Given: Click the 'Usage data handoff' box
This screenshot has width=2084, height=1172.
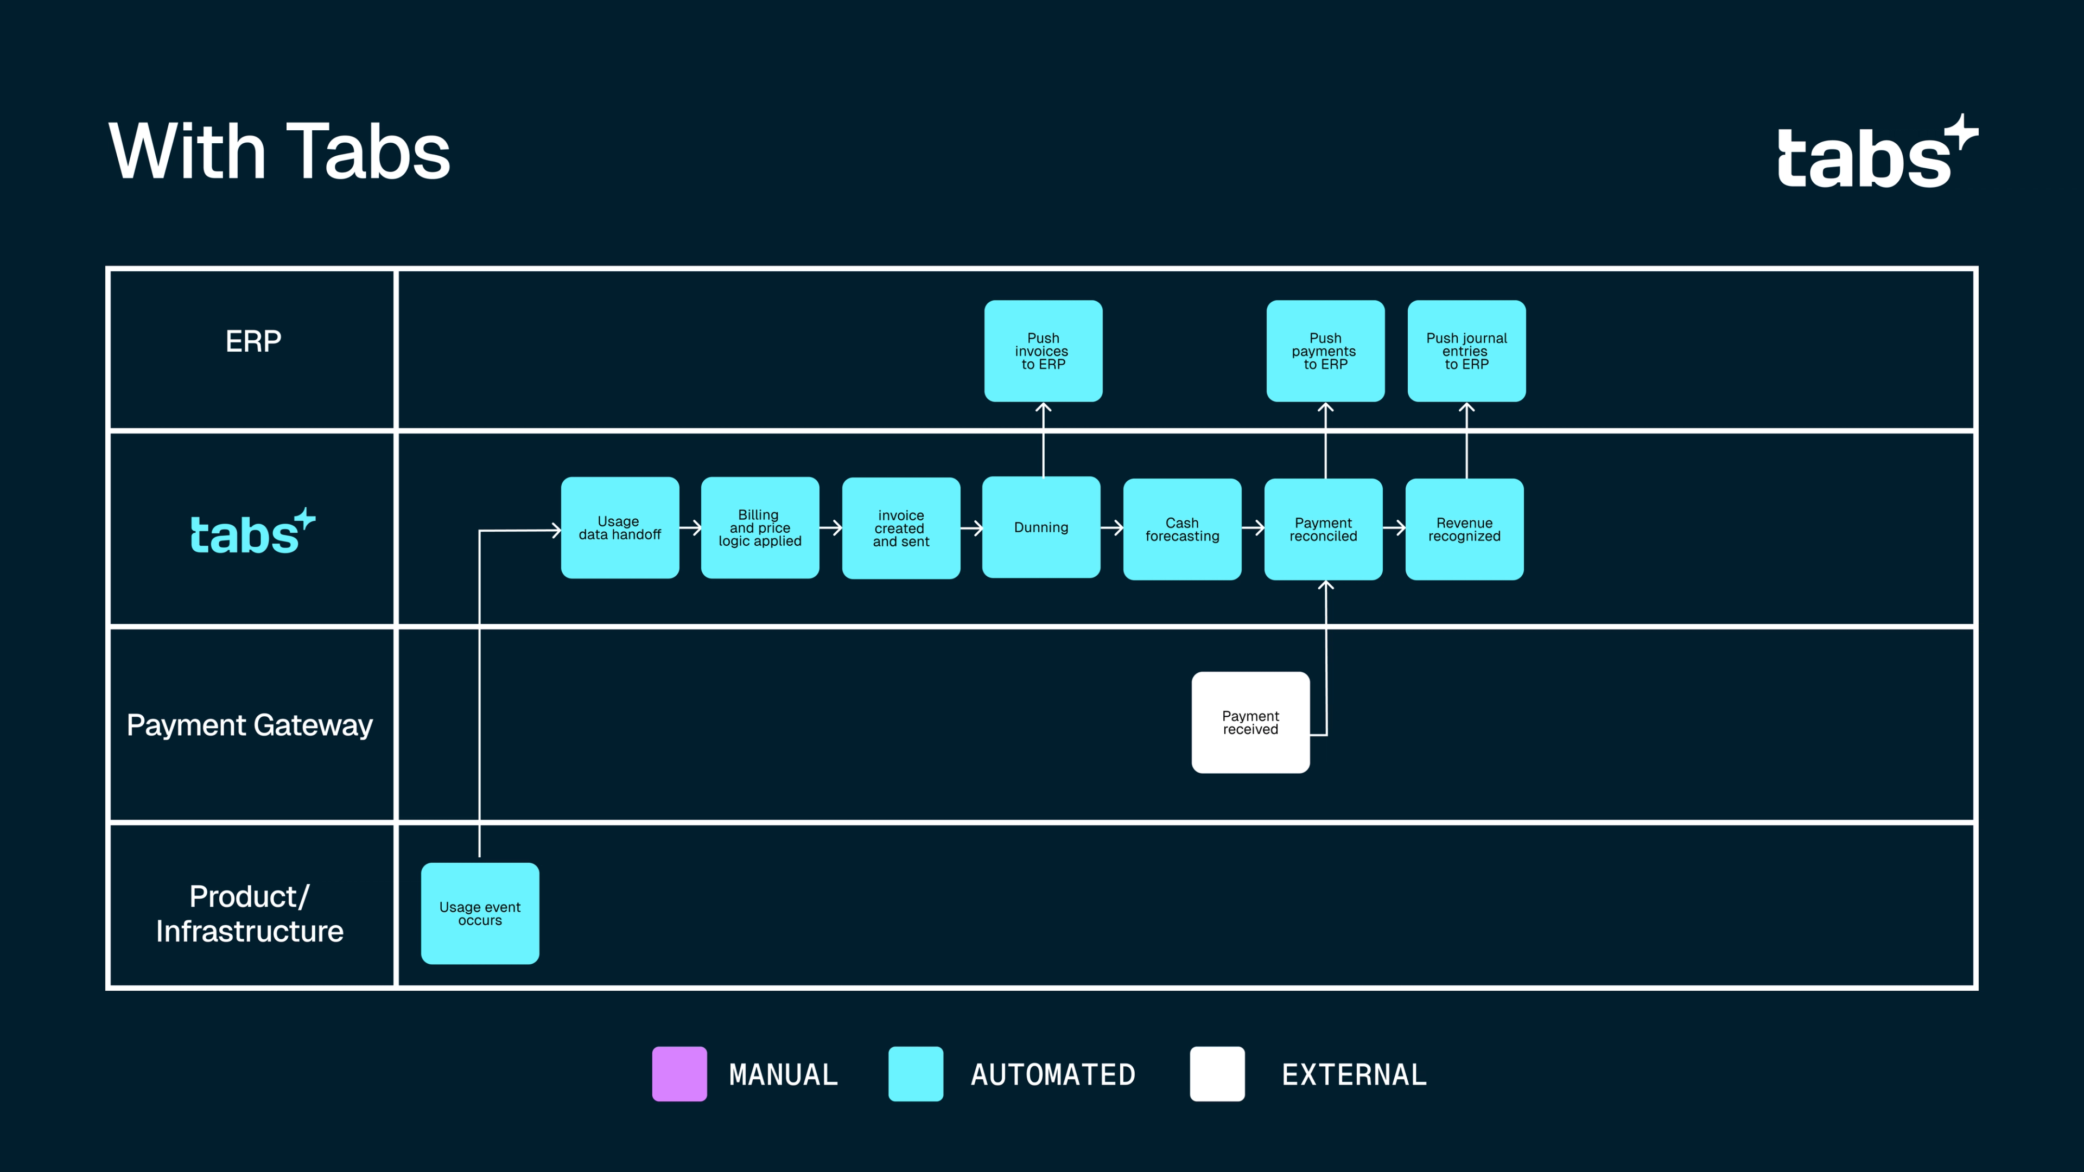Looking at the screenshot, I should point(620,527).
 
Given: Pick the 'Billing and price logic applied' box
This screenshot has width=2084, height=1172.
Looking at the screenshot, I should point(760,527).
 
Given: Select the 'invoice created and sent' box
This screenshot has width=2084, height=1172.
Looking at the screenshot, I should point(900,527).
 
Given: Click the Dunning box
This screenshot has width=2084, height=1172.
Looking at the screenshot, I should point(1041,527).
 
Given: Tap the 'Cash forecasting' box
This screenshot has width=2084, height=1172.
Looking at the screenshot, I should point(1182,529).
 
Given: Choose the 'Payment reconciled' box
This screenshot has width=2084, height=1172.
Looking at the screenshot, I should point(1323,529).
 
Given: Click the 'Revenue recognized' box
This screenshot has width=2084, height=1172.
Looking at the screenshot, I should point(1464,529).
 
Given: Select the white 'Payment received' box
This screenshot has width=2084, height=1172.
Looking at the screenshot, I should point(1250,722).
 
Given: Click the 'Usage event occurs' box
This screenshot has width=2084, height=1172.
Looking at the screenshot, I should point(480,913).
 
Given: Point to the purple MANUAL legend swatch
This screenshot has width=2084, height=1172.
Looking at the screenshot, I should point(679,1073).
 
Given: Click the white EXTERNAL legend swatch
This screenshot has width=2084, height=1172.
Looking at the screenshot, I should point(1217,1073).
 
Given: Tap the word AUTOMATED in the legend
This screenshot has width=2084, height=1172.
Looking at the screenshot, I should point(1052,1075).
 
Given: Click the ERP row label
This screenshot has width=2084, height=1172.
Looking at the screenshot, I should point(253,341).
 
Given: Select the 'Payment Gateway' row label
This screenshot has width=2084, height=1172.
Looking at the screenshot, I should point(249,725).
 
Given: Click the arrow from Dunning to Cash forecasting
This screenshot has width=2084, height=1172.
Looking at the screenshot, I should point(1111,528).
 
